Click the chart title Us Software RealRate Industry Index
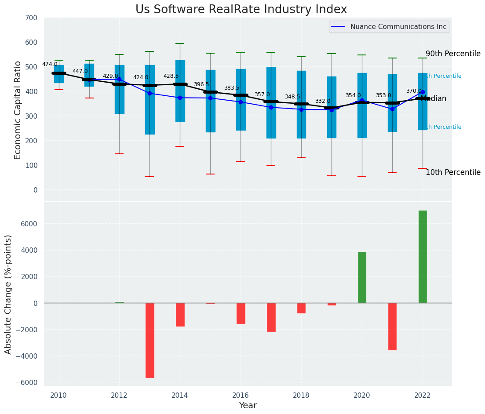pos(241,10)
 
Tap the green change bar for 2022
pos(423,257)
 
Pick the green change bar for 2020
pos(362,277)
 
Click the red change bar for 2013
pos(150,340)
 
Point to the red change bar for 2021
pos(392,327)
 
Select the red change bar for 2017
pos(271,317)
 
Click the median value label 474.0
pos(50,65)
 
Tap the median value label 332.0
pos(323,102)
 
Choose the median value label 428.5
pos(171,76)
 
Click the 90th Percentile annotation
pos(453,54)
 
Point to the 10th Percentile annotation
pos(453,173)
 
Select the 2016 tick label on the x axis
pos(241,396)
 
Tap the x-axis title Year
pos(248,406)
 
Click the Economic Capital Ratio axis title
pos(18,110)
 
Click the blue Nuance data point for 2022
pos(423,92)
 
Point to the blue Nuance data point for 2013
pos(150,93)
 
